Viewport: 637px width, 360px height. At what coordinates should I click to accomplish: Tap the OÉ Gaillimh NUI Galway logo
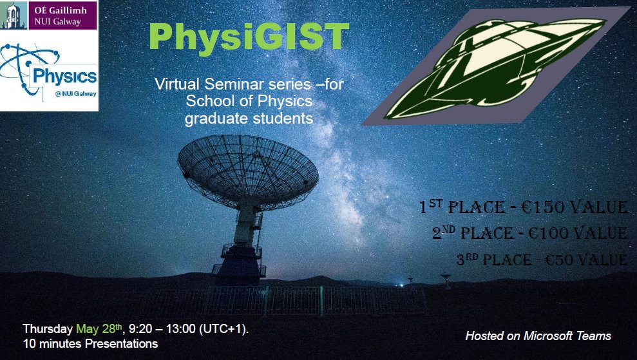coord(49,15)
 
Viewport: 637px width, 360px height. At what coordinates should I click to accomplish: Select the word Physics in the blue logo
coord(64,77)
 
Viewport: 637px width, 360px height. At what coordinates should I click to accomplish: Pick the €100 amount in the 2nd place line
coord(548,233)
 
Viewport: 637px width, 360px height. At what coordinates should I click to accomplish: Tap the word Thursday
coord(48,328)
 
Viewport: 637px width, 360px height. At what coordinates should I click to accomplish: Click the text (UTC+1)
coord(223,328)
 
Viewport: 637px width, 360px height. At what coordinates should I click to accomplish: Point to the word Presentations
coord(121,344)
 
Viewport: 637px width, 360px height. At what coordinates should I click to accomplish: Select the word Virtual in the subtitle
coord(177,84)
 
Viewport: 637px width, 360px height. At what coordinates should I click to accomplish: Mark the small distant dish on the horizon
coord(446,279)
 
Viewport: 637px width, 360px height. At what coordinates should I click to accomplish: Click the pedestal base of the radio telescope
coord(239,264)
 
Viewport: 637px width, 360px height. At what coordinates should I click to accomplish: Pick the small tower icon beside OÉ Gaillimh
coord(14,15)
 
